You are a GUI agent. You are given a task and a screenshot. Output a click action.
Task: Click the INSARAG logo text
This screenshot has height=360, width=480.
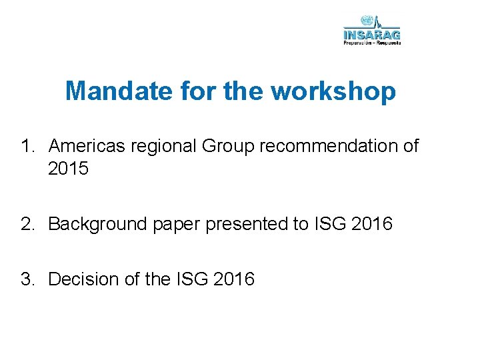pos(371,34)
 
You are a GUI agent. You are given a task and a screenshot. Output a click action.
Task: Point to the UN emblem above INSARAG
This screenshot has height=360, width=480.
pos(365,21)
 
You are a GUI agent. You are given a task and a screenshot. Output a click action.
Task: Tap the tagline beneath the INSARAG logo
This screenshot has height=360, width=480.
pos(372,43)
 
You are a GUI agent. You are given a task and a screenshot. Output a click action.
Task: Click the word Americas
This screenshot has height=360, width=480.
pos(87,146)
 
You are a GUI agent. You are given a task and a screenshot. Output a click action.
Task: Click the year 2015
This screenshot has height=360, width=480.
pos(69,169)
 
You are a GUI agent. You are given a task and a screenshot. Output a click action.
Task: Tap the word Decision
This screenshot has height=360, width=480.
pos(86,279)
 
